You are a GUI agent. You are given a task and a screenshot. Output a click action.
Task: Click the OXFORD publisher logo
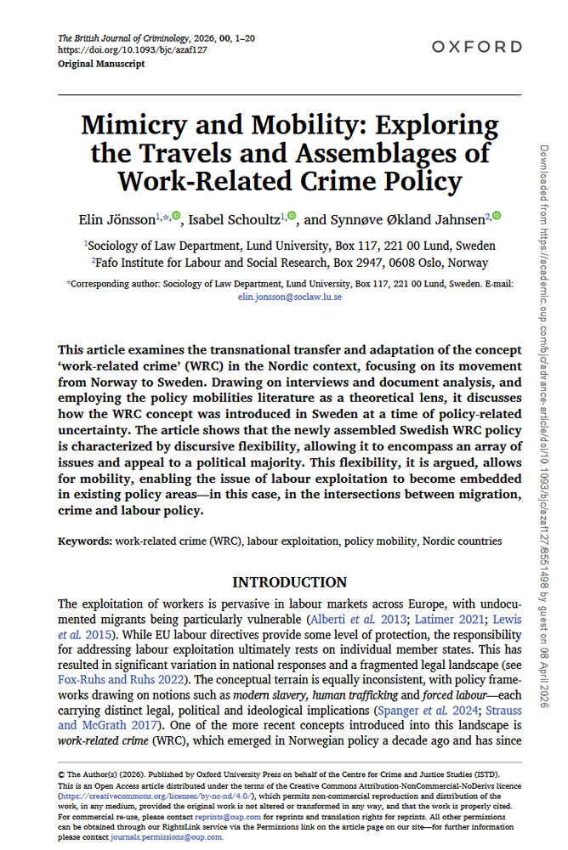475,47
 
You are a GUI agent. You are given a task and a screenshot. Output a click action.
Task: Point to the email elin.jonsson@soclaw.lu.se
289,298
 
